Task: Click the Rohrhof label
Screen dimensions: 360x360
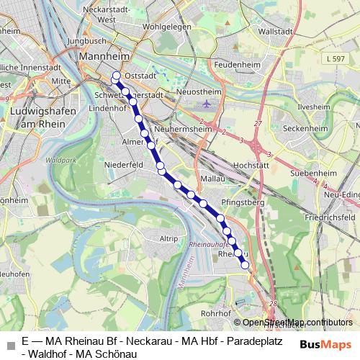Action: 215,313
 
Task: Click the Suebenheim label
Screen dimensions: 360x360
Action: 314,174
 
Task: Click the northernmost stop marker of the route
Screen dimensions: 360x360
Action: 116,75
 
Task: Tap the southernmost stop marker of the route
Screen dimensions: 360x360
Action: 245,265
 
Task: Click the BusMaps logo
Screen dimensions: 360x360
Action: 323,343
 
